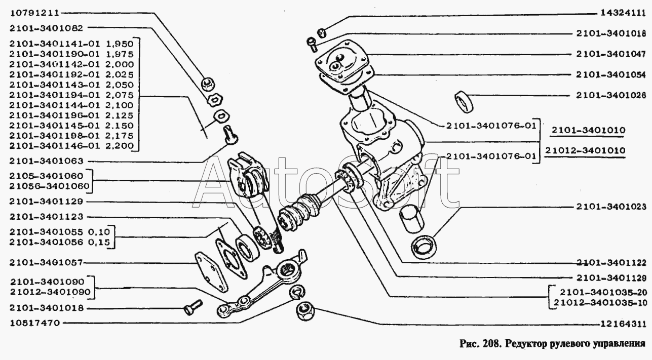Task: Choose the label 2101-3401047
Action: (x=610, y=54)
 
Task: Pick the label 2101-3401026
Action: (x=610, y=95)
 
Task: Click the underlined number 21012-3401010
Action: (x=588, y=151)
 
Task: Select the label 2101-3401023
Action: (x=610, y=207)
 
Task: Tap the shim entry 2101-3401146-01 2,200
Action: (x=71, y=146)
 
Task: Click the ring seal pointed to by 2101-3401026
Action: (x=465, y=101)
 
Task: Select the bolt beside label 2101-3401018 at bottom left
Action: (x=193, y=307)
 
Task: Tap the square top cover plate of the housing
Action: (x=342, y=64)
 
